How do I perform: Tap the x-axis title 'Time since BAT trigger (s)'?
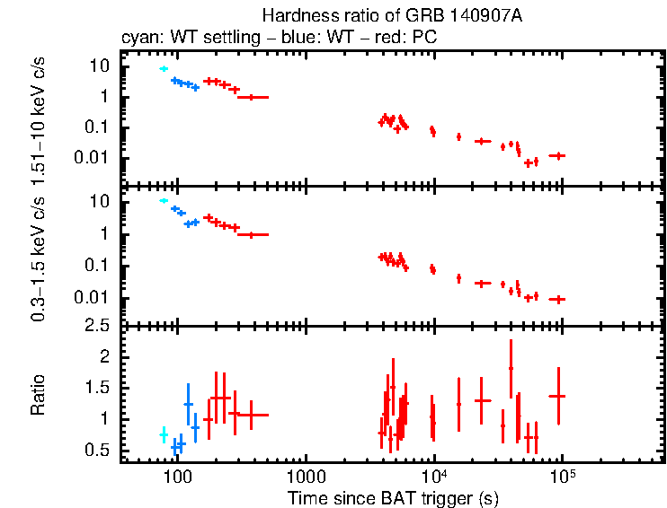393,497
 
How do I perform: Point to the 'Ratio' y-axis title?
39,395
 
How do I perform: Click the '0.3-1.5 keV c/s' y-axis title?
39,257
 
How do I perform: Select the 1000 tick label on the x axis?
306,473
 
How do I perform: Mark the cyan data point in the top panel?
164,68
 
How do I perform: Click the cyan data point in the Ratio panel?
164,434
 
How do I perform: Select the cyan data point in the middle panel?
164,200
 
